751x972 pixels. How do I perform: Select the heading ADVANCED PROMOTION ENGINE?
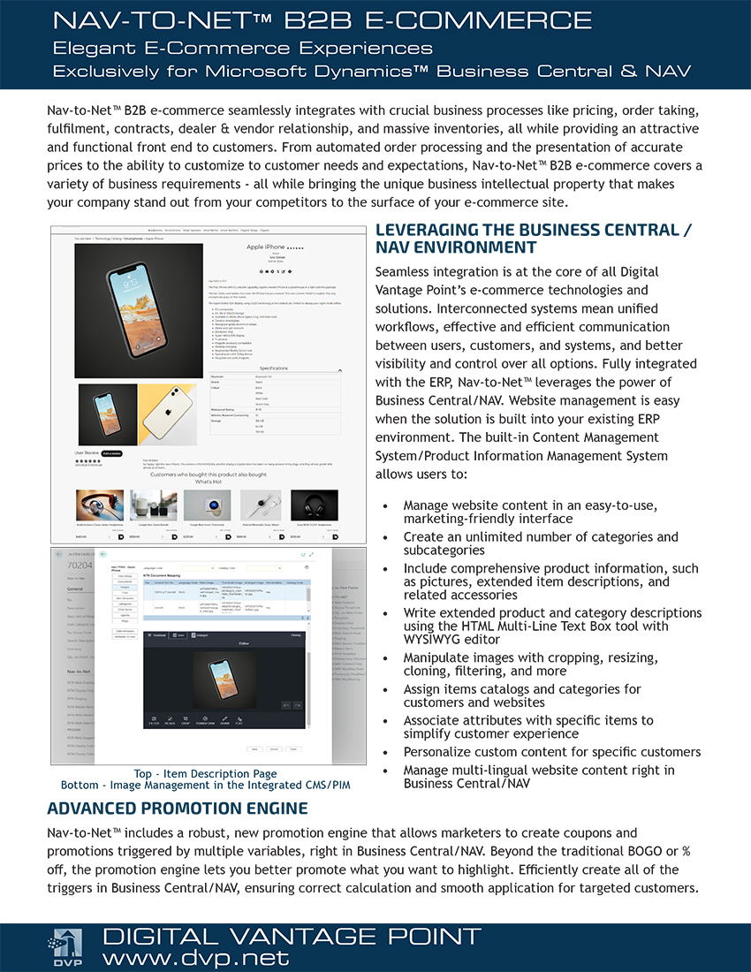(178, 809)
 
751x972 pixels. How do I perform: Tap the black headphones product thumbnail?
(314, 505)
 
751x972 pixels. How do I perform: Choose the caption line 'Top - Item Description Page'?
(205, 774)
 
